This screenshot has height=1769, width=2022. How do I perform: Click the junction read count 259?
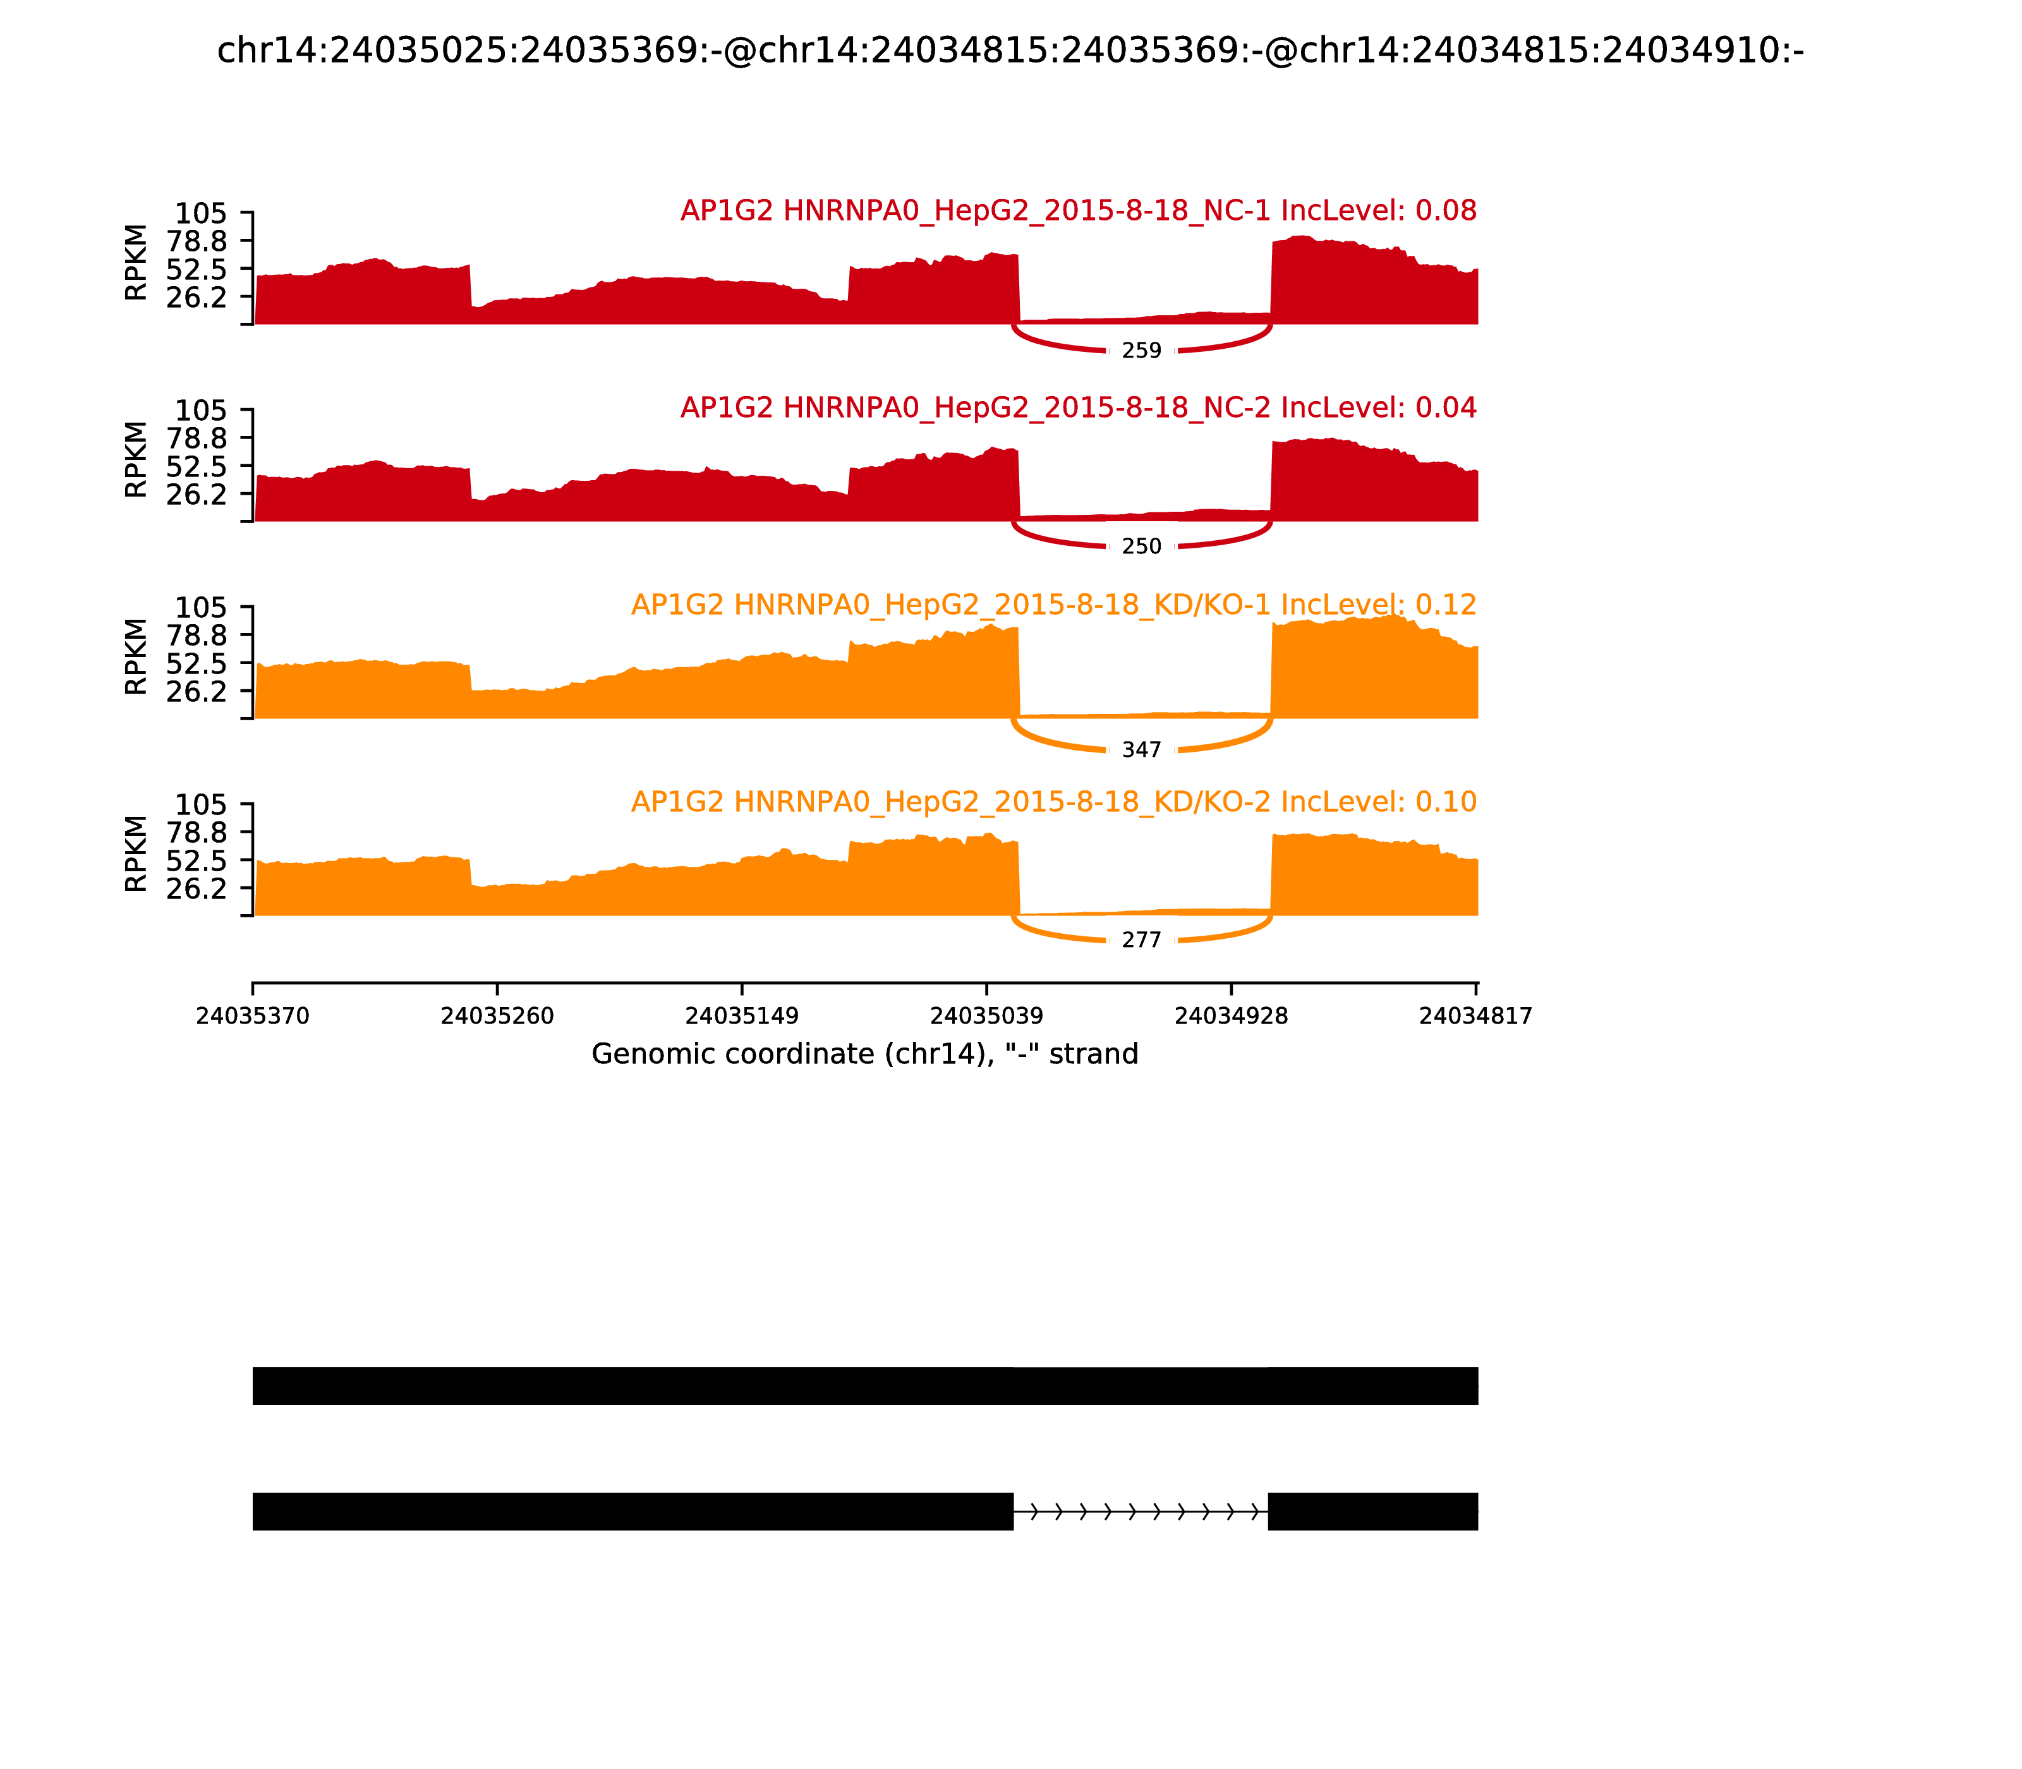pyautogui.click(x=1141, y=351)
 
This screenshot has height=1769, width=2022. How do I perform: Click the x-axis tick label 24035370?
pyautogui.click(x=253, y=1017)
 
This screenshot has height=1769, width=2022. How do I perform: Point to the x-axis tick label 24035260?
pyautogui.click(x=497, y=1017)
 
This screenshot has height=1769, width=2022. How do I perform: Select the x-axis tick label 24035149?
pyautogui.click(x=741, y=1017)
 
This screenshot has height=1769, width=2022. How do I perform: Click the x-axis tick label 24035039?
pyautogui.click(x=986, y=1017)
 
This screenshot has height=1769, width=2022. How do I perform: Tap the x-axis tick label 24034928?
pyautogui.click(x=1231, y=1017)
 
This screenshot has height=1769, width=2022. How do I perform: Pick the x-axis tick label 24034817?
pyautogui.click(x=1475, y=1017)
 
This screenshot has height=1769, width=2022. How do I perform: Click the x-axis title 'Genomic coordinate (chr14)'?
pyautogui.click(x=865, y=1054)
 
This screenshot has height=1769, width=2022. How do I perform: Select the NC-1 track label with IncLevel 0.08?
pyautogui.click(x=1078, y=211)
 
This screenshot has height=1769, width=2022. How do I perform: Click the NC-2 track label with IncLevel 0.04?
pyautogui.click(x=1078, y=408)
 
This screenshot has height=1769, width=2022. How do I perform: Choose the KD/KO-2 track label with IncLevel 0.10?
pyautogui.click(x=1053, y=802)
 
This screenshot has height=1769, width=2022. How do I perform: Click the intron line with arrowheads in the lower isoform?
pyautogui.click(x=1141, y=1511)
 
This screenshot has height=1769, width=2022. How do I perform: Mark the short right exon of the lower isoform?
pyautogui.click(x=1372, y=1511)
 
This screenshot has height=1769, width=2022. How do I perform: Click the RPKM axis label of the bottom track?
pyautogui.click(x=136, y=854)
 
